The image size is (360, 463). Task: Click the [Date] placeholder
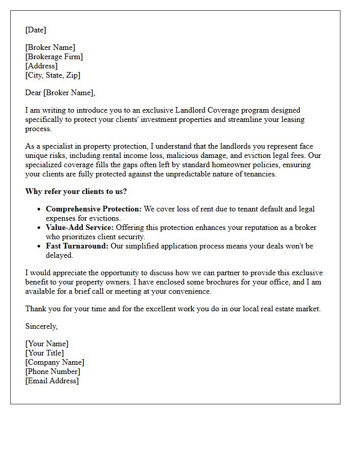point(35,30)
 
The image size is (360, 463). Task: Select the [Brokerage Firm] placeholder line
point(54,57)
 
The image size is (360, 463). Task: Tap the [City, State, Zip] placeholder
point(53,75)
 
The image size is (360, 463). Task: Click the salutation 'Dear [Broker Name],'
point(60,93)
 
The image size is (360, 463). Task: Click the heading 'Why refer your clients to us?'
point(76,191)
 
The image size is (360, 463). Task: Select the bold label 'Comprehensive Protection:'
point(94,209)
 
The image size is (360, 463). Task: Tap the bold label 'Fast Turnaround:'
point(77,246)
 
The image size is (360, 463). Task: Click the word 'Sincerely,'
point(41,326)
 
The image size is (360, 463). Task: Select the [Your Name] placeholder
point(47,344)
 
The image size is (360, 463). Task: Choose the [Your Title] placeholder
point(45,353)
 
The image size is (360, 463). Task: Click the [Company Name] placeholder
point(55,362)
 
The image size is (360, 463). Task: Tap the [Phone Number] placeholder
point(52,371)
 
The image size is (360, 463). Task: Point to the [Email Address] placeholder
point(52,381)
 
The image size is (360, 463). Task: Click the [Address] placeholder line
point(41,66)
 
